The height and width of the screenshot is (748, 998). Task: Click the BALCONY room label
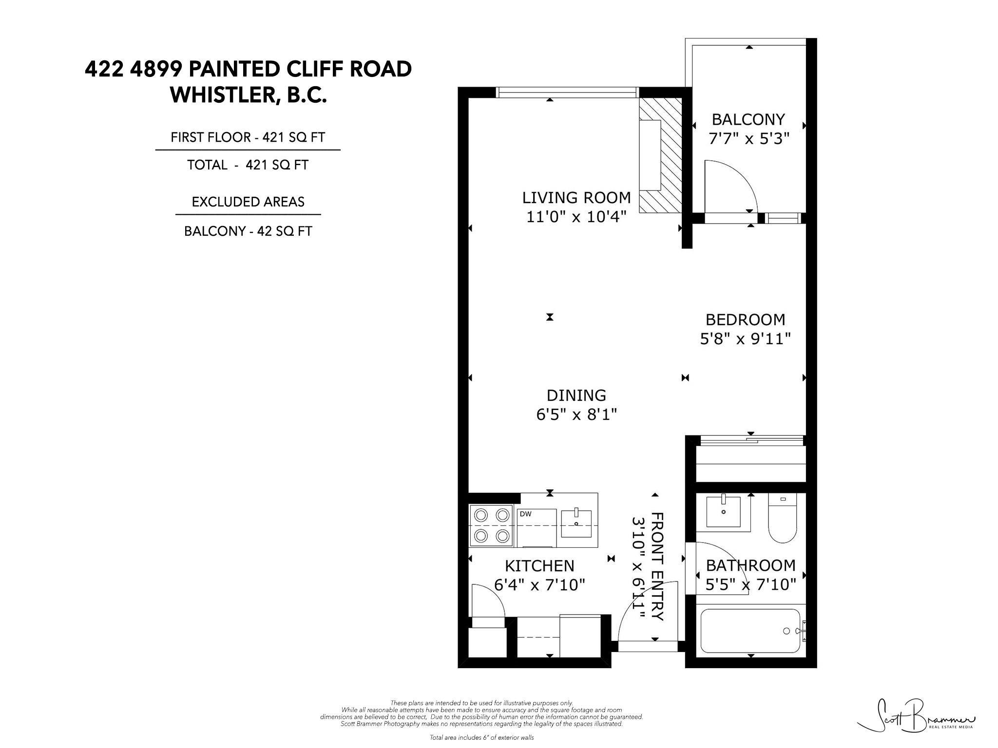(748, 119)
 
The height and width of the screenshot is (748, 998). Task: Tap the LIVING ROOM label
(576, 198)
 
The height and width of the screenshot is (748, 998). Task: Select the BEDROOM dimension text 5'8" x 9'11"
(745, 338)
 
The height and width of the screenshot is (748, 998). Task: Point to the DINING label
(576, 395)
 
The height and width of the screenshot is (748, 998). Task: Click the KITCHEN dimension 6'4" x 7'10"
(539, 584)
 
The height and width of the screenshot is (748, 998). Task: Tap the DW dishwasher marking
(525, 514)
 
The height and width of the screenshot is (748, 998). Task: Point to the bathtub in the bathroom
(751, 631)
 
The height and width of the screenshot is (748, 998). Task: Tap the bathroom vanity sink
(723, 513)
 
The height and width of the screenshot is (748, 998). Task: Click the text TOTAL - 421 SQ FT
(248, 165)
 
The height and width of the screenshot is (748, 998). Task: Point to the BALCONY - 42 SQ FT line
(248, 231)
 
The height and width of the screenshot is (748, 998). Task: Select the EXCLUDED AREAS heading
(248, 202)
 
